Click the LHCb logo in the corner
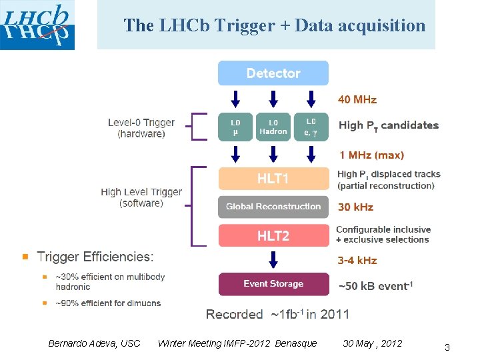click(37, 25)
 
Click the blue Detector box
click(273, 73)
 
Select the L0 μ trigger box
click(235, 127)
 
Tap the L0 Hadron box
click(273, 127)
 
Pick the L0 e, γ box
click(311, 127)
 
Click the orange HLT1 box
click(273, 179)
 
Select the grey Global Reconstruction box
click(273, 207)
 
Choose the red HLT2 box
click(273, 235)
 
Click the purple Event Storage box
click(273, 284)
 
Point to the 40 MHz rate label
click(357, 100)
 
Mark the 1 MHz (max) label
click(371, 155)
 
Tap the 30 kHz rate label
click(356, 207)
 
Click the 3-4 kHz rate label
click(357, 261)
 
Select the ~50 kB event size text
click(376, 286)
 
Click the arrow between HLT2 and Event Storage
click(273, 261)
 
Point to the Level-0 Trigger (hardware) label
click(141, 128)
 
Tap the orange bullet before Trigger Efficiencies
click(26, 257)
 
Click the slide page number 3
click(447, 347)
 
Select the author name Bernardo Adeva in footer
click(94, 343)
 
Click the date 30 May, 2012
click(372, 343)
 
